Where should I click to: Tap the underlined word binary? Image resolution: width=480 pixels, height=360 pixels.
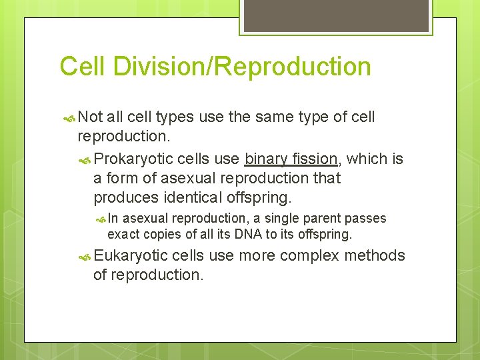[267, 159]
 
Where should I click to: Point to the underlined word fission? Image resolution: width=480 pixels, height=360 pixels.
[315, 159]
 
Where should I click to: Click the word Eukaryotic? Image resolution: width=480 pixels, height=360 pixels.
[131, 256]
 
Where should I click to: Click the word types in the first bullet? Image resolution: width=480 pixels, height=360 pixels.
[176, 117]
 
